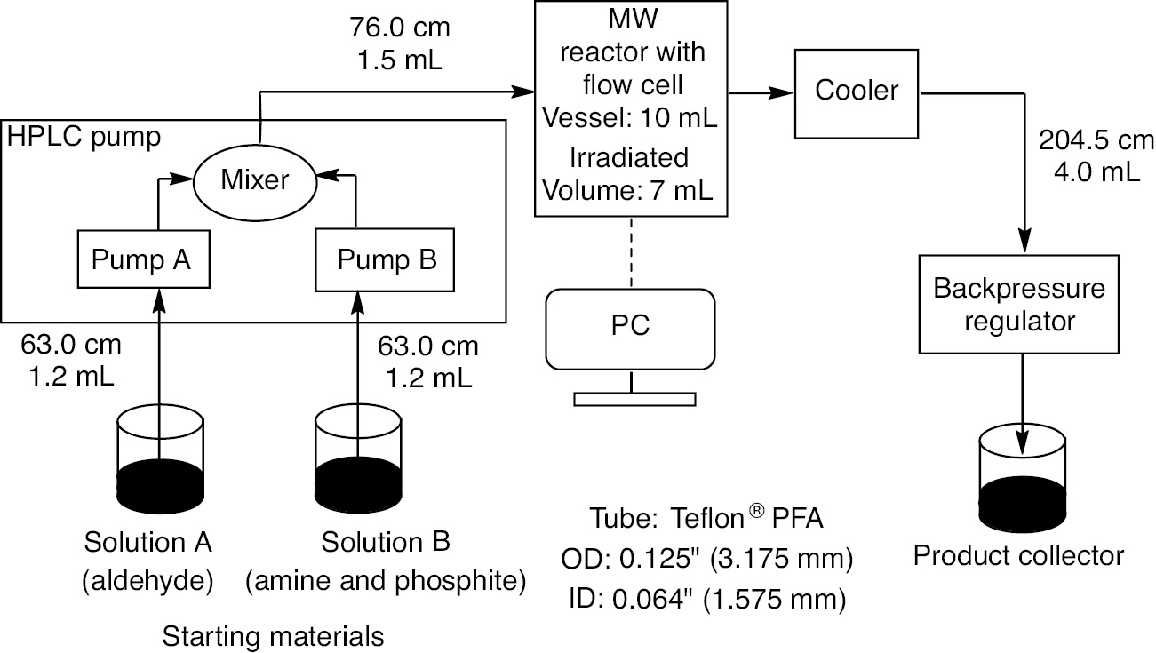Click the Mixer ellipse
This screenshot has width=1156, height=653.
tap(256, 181)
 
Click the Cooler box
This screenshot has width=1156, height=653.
tap(857, 90)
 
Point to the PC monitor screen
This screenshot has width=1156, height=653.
tap(631, 327)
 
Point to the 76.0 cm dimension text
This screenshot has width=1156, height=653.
tap(400, 28)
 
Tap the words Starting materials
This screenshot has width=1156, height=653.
tap(274, 636)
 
